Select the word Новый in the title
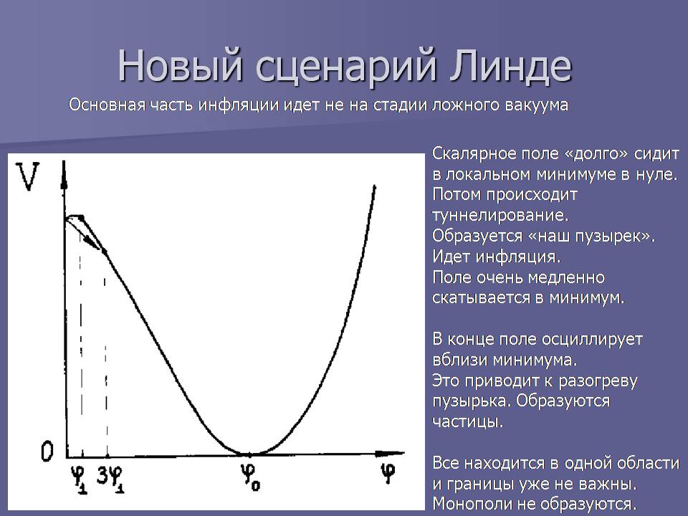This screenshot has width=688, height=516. [180, 66]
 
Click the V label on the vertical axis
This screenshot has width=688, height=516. [27, 176]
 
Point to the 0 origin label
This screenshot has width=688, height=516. [47, 451]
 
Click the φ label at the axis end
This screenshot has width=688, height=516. [388, 473]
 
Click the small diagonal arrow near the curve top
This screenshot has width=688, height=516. [83, 233]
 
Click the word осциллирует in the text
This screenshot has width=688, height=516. [592, 340]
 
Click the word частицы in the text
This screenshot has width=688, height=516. [467, 422]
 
